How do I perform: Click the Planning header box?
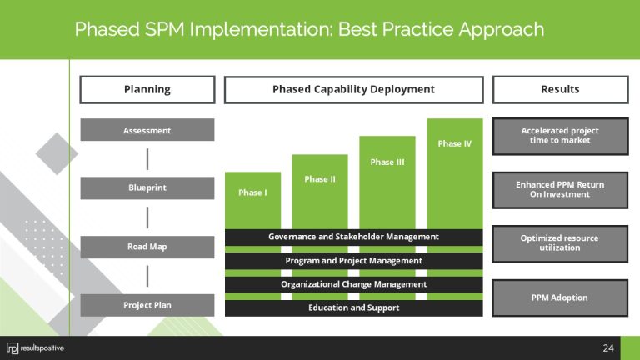[x=147, y=89]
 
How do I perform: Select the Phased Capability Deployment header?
[x=353, y=89]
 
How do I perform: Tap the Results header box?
[x=560, y=89]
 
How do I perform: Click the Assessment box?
[x=147, y=130]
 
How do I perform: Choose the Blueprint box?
[x=147, y=187]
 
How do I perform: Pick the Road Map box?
[x=147, y=247]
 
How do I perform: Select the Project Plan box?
[x=147, y=304]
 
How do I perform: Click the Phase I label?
[x=252, y=192]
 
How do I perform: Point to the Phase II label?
[x=319, y=179]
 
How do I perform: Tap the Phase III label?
[x=387, y=162]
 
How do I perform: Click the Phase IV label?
[x=454, y=143]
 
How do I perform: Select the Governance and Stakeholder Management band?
[x=353, y=237]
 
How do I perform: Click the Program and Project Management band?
[x=353, y=261]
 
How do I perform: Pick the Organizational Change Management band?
[x=353, y=284]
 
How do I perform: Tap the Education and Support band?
[x=353, y=307]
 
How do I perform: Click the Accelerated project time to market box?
[x=560, y=136]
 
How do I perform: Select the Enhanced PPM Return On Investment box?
[x=560, y=189]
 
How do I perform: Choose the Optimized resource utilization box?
[x=560, y=242]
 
